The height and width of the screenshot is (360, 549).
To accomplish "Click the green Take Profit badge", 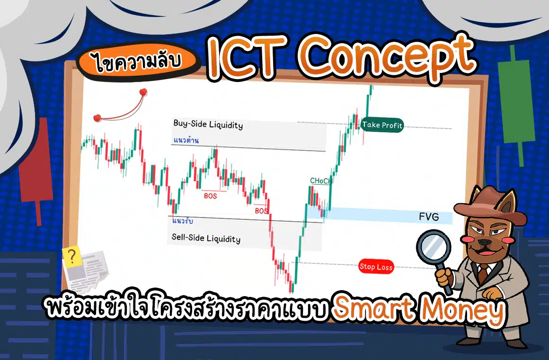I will point(382,126).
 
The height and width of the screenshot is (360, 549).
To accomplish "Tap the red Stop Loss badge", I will point(376,267).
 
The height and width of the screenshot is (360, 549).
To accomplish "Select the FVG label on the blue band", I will point(429,217).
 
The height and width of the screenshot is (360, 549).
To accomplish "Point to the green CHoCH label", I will point(321,180).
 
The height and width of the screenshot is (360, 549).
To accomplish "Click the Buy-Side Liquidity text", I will point(208,125).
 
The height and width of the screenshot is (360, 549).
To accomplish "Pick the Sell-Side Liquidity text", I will point(206,238).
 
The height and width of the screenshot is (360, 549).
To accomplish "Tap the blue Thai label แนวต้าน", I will point(186,141).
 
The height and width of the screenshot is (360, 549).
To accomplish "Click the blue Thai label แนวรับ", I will point(183,221).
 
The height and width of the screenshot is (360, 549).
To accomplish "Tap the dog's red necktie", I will point(483,273).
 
